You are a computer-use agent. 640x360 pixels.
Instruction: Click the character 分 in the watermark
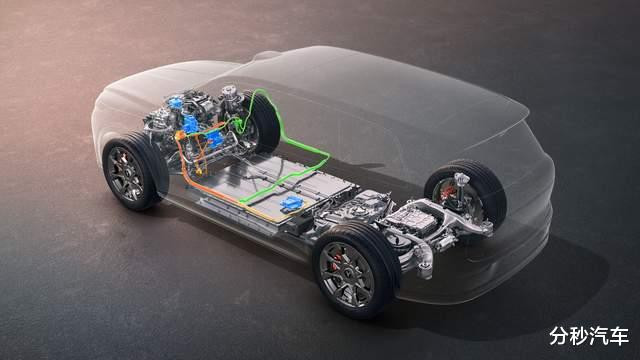(x=559, y=336)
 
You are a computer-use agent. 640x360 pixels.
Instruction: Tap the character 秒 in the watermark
(x=579, y=336)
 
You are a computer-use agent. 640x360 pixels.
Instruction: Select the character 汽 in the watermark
(x=599, y=336)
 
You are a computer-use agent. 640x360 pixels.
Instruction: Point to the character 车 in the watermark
(x=619, y=336)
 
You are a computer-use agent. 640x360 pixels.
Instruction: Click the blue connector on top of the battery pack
(x=291, y=203)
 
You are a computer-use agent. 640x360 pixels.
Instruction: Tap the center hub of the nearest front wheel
(x=126, y=174)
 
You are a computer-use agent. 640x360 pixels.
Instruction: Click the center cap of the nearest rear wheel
(x=347, y=274)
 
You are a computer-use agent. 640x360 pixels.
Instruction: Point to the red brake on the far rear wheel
(x=447, y=191)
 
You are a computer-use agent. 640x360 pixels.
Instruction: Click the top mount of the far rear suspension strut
(x=461, y=178)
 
